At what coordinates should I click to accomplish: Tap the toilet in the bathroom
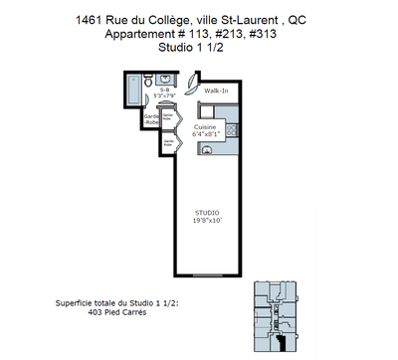coord(149,80)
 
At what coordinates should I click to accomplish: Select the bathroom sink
coord(165,80)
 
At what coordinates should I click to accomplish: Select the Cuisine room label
coord(205,126)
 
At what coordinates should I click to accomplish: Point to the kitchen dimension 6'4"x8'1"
coord(205,133)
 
